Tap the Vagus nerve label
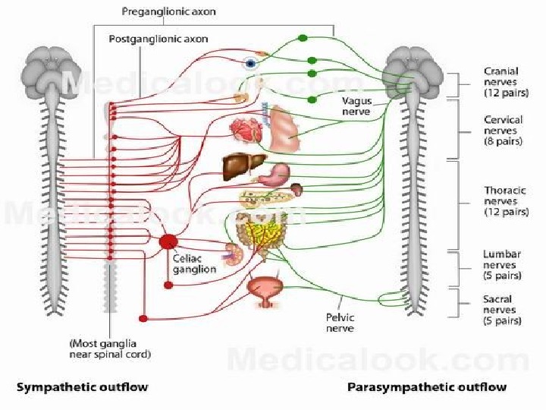[355, 106]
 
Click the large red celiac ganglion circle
[168, 242]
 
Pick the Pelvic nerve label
[340, 323]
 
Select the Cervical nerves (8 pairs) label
[501, 130]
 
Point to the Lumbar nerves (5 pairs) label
[500, 266]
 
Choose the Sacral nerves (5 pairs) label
[500, 310]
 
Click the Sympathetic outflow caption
[83, 387]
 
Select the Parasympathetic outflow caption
[427, 387]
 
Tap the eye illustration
[249, 64]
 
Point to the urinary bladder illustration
[264, 289]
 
